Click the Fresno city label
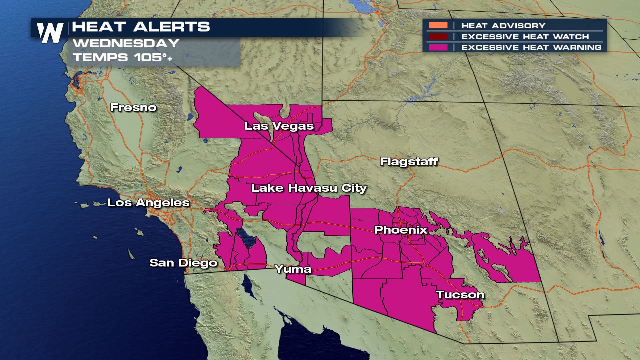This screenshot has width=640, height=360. (133, 108)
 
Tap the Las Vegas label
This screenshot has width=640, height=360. (279, 126)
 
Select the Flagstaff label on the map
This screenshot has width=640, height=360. (409, 162)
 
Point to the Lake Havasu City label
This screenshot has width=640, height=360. (309, 188)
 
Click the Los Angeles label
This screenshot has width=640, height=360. (148, 203)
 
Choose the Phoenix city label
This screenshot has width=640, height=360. (400, 230)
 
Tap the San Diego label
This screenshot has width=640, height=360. (183, 263)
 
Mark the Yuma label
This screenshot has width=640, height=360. (293, 269)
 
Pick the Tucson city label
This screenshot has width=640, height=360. (460, 295)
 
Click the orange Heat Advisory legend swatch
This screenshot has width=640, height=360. (438, 26)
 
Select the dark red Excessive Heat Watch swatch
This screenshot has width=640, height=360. (438, 36)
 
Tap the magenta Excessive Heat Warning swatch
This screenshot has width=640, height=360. (438, 47)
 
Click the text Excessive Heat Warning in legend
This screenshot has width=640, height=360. (531, 47)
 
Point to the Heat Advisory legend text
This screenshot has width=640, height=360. (503, 26)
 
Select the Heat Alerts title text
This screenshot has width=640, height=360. (141, 27)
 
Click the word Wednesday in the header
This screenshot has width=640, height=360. (126, 43)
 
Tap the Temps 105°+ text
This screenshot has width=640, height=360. (123, 57)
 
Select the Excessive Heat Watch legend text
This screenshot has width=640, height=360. (525, 37)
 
